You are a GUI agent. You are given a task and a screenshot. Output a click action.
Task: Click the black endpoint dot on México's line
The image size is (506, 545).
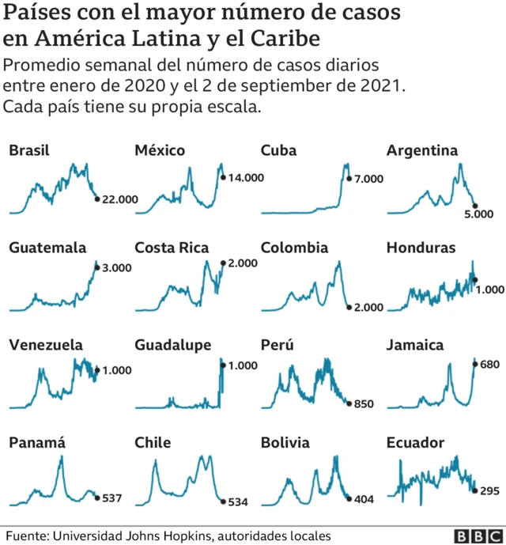point(223,177)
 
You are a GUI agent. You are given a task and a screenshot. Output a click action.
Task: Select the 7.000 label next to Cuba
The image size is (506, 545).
point(368,180)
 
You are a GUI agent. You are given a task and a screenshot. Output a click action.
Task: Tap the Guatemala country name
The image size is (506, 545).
point(47,248)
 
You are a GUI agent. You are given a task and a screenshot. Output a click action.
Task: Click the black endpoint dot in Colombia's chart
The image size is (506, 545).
point(349,307)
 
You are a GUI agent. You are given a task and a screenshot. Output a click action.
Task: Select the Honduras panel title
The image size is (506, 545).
point(421,248)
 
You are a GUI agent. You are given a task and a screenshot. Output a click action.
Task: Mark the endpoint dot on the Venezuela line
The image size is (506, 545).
point(97,370)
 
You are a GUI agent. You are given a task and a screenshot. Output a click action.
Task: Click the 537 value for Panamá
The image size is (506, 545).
point(114,498)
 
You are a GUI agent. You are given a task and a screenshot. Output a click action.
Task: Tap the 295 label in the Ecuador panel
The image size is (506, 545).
point(490,491)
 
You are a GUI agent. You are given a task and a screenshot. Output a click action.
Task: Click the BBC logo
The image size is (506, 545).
point(476,536)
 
